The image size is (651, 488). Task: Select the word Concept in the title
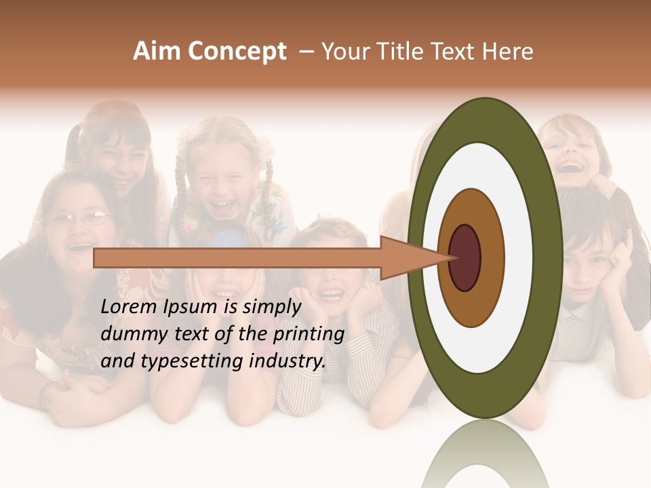pyautogui.click(x=237, y=52)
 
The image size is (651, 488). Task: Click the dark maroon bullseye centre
pyautogui.click(x=465, y=258)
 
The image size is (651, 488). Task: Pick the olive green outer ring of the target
pyautogui.click(x=549, y=258)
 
